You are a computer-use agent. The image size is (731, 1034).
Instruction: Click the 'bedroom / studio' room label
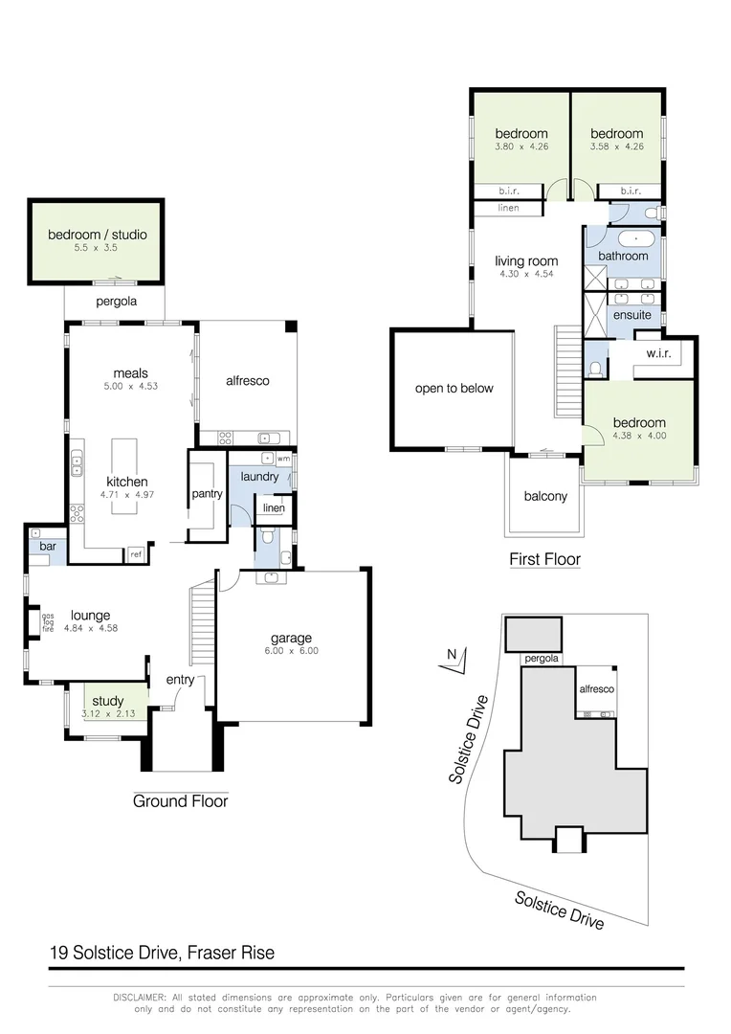pos(98,235)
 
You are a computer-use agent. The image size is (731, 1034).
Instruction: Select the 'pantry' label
pos(207,494)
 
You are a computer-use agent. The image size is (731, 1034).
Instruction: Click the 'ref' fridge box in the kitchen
pos(136,554)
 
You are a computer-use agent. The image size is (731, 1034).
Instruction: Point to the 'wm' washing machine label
pos(283,460)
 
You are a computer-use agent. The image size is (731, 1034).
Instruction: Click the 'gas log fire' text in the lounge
pos(47,622)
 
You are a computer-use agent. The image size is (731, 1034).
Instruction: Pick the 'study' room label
pos(107,702)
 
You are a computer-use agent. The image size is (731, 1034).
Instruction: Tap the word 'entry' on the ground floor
pos(180,680)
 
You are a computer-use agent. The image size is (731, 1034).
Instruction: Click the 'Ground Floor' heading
pos(180,800)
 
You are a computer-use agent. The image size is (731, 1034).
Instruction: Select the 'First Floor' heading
pos(544,559)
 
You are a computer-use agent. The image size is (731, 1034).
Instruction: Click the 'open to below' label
pos(454,388)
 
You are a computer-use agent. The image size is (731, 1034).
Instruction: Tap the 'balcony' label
pos(545,496)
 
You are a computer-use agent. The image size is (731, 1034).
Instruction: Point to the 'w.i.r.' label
pos(658,353)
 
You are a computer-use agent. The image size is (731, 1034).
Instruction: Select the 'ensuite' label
pos(631,314)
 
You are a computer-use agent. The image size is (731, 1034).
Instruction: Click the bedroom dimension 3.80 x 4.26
pos(521,146)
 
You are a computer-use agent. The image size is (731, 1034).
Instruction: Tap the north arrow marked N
pos(454,656)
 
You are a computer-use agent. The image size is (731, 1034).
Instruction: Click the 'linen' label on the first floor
pos(509,208)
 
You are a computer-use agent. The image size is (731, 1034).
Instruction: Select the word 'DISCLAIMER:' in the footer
pos(140,998)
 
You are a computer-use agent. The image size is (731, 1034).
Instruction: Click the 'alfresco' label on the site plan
pos(596,689)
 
